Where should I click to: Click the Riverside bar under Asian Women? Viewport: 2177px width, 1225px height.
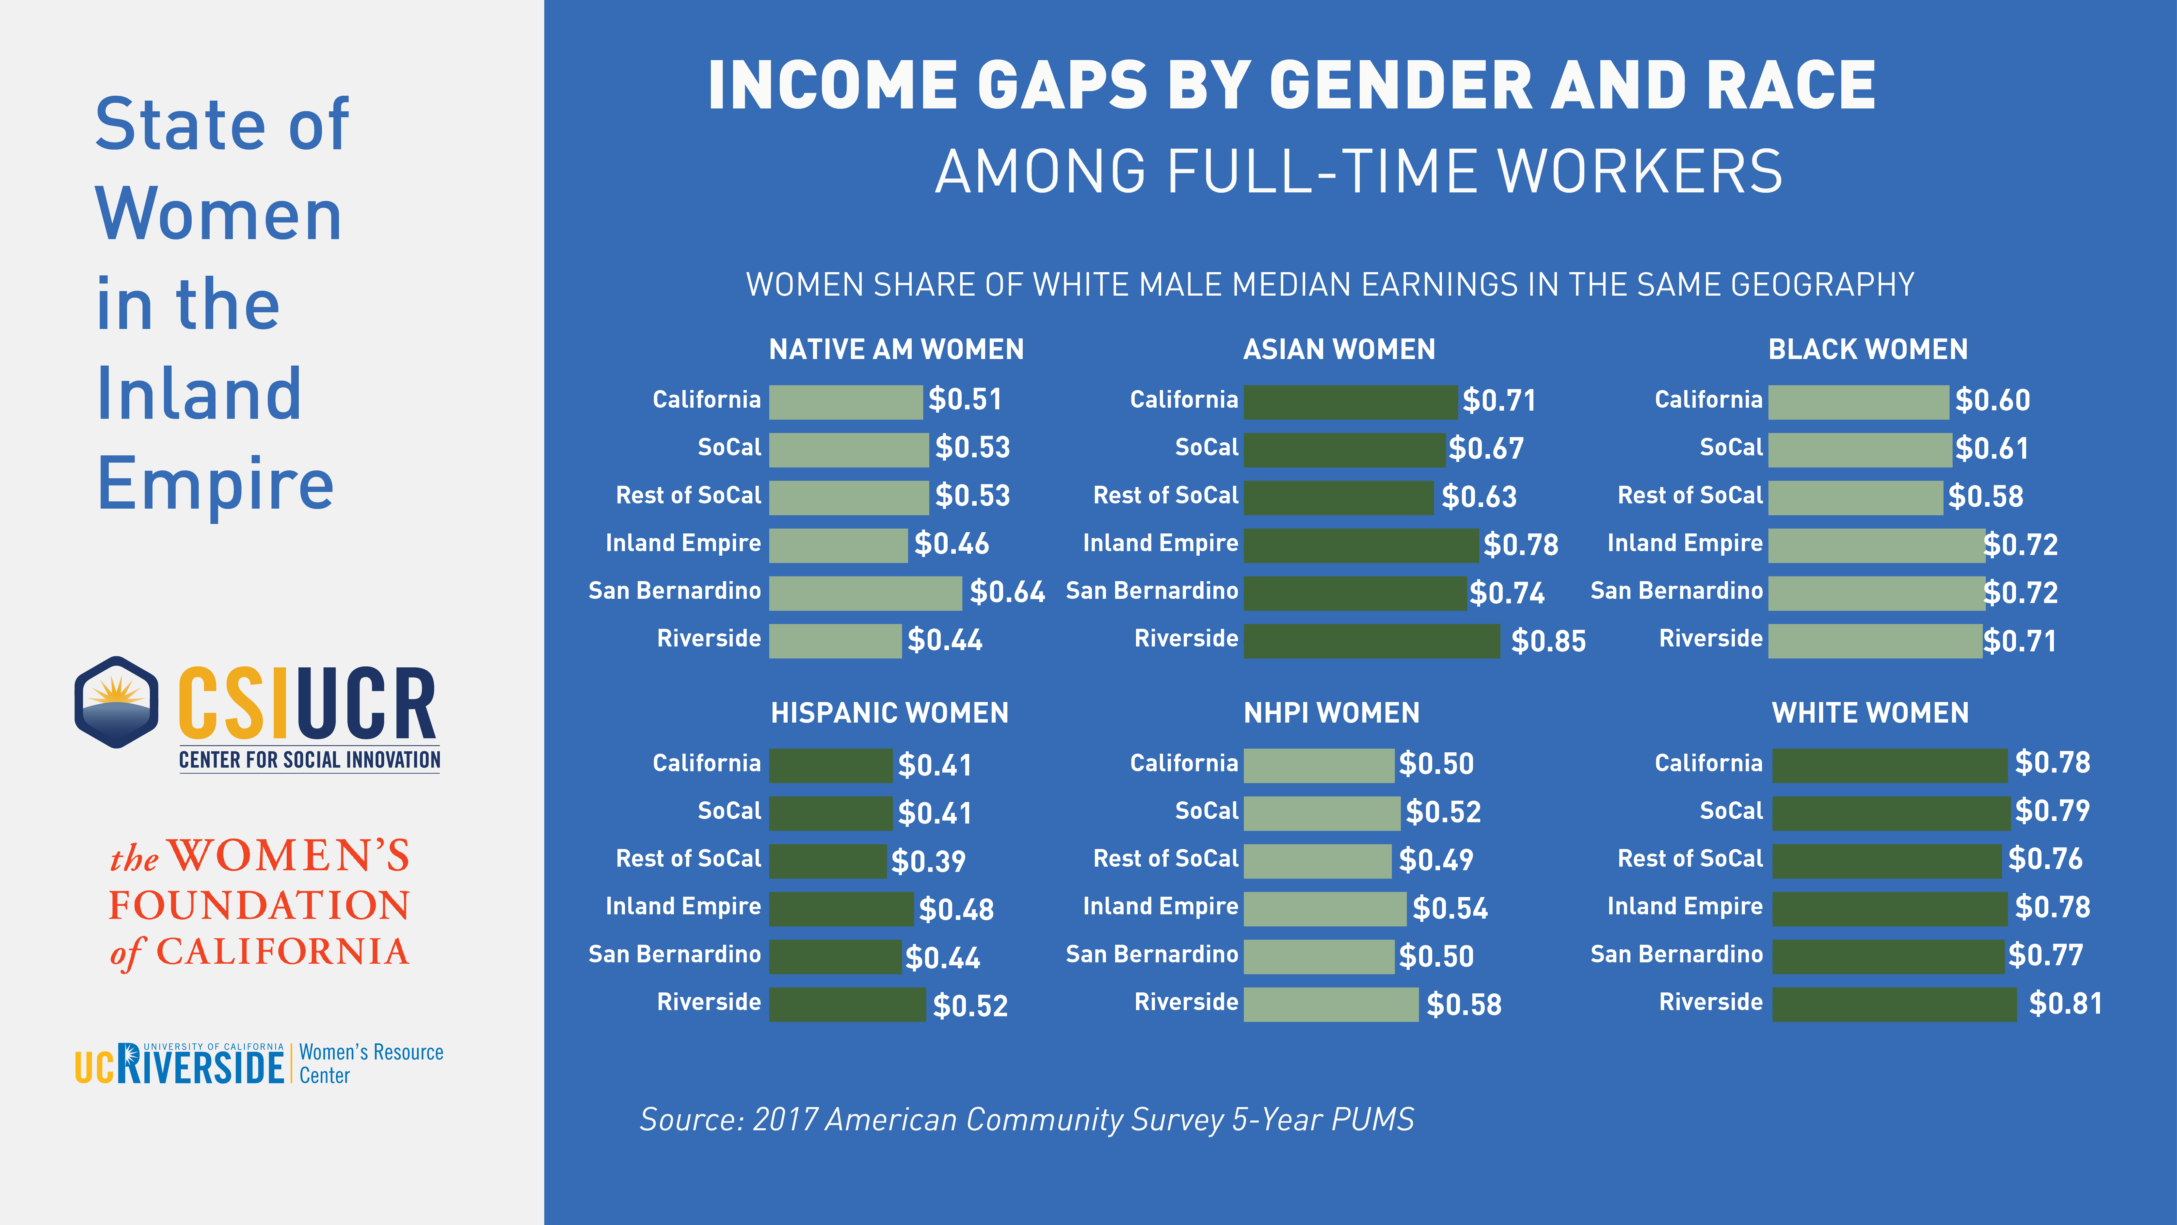pyautogui.click(x=1371, y=641)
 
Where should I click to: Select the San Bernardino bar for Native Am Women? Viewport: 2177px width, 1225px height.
pyautogui.click(x=865, y=593)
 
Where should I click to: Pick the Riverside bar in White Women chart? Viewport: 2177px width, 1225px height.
pyautogui.click(x=1894, y=1004)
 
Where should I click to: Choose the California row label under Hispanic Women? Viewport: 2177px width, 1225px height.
pyautogui.click(x=707, y=763)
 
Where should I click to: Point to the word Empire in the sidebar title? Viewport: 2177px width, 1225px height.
pyautogui.click(x=216, y=483)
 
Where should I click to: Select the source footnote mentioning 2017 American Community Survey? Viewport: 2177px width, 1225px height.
pyautogui.click(x=1026, y=1119)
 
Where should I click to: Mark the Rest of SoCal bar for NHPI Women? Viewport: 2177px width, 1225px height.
pyautogui.click(x=1317, y=861)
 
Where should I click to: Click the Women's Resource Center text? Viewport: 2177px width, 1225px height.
pyautogui.click(x=371, y=1064)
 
